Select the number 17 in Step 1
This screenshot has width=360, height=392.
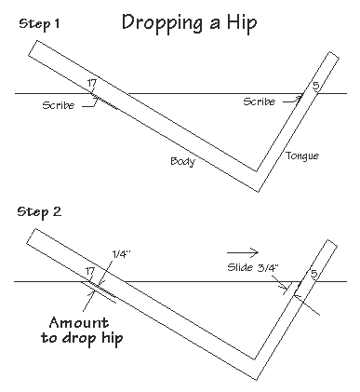click(x=91, y=84)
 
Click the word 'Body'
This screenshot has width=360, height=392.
click(x=182, y=161)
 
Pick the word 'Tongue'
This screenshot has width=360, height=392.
click(x=302, y=155)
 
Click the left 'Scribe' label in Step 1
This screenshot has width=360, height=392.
click(x=59, y=104)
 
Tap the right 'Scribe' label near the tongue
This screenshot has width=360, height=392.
click(x=260, y=101)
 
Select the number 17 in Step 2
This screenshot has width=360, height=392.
click(x=91, y=271)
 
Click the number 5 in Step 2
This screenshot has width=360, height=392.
click(x=313, y=274)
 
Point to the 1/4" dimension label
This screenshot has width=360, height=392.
click(x=121, y=252)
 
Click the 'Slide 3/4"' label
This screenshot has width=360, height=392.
click(x=251, y=267)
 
